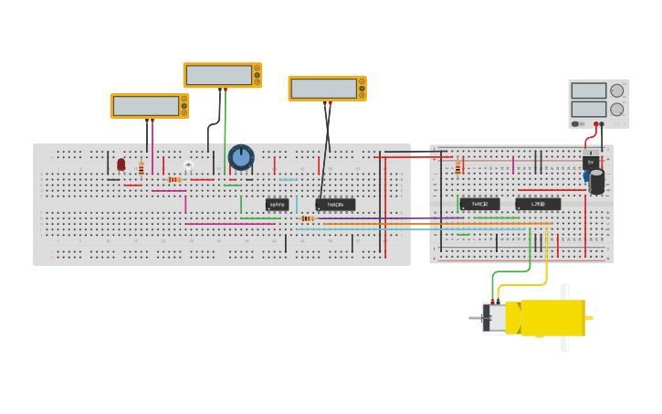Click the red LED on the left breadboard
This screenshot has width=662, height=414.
[x=121, y=165]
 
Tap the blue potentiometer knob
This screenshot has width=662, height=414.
[x=241, y=157]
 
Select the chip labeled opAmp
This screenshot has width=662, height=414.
[x=277, y=205]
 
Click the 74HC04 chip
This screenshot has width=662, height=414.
[x=335, y=205]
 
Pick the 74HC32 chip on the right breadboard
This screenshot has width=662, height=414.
[x=479, y=204]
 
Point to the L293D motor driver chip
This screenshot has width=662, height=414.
[x=538, y=204]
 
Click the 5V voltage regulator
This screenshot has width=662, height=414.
[x=591, y=162]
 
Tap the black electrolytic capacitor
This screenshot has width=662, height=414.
[x=597, y=182]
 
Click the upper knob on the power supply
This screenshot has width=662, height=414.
[x=617, y=90]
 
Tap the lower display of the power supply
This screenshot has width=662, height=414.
[x=589, y=109]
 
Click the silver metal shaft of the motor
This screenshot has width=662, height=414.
[x=475, y=318]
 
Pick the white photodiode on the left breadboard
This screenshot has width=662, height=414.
[x=188, y=165]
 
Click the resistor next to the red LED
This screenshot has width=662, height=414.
[x=141, y=168]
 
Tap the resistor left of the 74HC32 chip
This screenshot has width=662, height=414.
[x=457, y=167]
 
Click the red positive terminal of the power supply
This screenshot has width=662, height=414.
[x=595, y=124]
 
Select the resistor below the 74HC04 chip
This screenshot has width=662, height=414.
[x=308, y=218]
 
